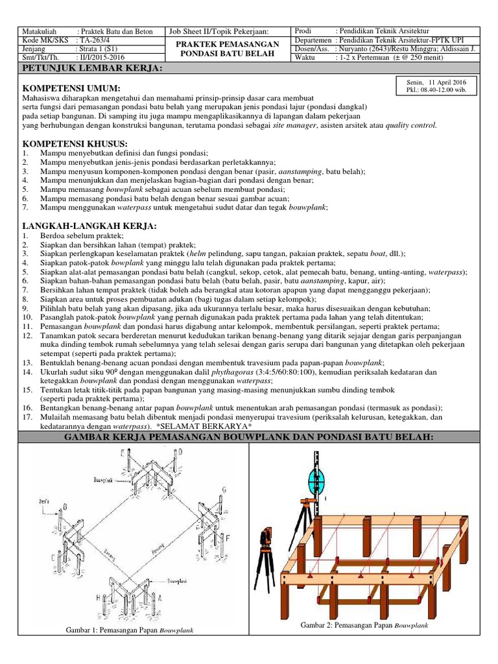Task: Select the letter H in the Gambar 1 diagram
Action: point(98,579)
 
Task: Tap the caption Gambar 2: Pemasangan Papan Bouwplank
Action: point(364,625)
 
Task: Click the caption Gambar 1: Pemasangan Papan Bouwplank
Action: point(130,630)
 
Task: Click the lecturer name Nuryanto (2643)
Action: point(362,48)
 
